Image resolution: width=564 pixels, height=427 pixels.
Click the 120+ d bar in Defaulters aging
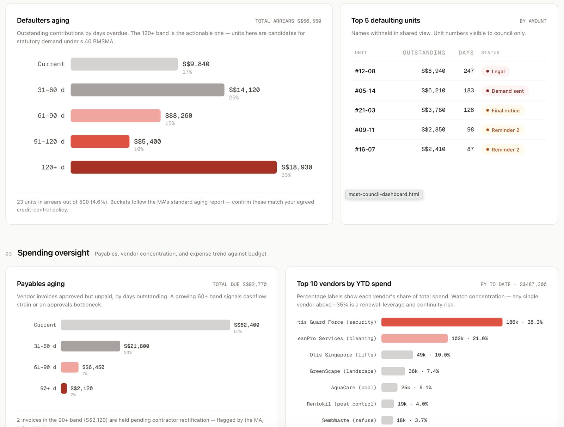click(173, 167)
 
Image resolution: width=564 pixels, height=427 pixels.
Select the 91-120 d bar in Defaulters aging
click(100, 141)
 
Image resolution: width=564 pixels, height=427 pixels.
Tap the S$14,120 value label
click(244, 90)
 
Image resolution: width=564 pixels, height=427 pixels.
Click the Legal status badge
click(495, 72)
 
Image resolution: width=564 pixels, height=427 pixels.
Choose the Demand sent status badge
click(505, 91)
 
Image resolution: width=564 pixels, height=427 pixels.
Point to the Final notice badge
click(503, 110)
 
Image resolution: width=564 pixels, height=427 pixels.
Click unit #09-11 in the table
click(364, 130)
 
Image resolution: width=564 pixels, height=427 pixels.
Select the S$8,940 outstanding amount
click(433, 71)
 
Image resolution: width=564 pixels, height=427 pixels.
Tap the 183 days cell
click(469, 90)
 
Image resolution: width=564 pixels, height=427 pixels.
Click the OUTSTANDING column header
click(424, 53)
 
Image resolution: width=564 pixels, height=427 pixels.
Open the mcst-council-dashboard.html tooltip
click(384, 194)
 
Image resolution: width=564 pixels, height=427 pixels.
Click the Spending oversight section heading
click(54, 253)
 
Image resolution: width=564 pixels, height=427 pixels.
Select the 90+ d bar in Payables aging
click(64, 388)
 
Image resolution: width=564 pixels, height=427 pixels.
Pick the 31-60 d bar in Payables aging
click(91, 346)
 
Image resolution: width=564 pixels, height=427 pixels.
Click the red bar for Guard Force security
click(442, 322)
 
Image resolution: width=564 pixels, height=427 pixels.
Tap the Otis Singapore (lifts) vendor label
click(343, 355)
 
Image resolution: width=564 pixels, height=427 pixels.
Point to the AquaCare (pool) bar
click(389, 388)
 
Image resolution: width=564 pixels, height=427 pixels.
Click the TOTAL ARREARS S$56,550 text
click(288, 21)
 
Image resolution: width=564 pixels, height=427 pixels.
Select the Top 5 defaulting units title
click(386, 20)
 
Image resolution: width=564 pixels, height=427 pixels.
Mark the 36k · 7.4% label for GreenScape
click(424, 371)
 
